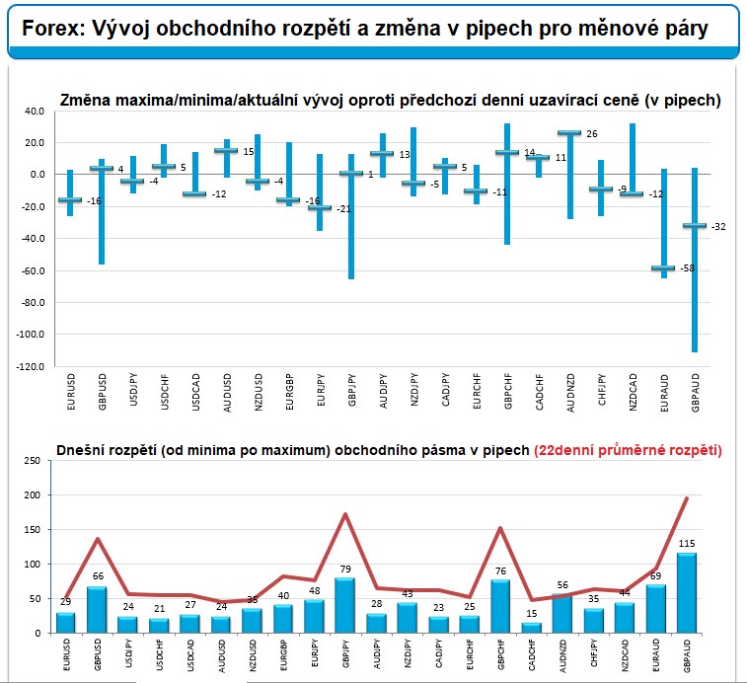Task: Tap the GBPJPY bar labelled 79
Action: click(x=346, y=605)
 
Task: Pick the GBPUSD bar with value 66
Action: click(x=97, y=609)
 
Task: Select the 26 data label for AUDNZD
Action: click(x=591, y=133)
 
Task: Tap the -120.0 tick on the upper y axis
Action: click(x=32, y=366)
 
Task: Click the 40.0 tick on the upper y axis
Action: click(x=35, y=112)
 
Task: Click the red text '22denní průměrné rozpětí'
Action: click(x=627, y=450)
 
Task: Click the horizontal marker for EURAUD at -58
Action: click(x=663, y=268)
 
